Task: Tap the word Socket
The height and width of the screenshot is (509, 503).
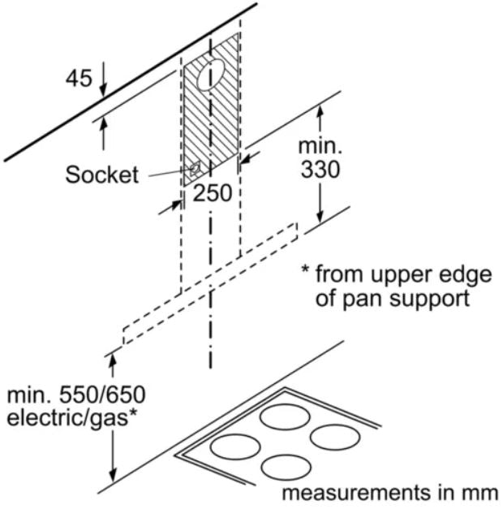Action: coord(102,175)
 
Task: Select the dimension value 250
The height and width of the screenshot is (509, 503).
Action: coord(213,194)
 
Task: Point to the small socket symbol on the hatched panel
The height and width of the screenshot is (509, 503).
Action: coord(195,169)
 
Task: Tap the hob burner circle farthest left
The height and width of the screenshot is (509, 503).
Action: coord(235,447)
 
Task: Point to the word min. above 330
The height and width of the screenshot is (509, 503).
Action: coord(321,148)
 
